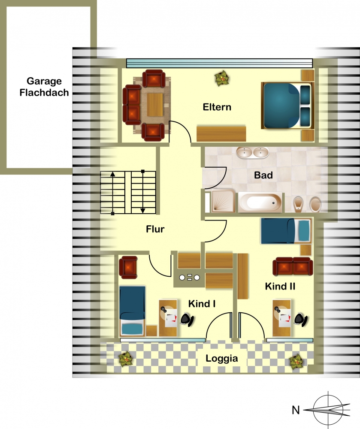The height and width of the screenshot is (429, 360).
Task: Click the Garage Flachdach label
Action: click(x=44, y=87)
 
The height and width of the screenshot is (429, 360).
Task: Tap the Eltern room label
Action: click(x=217, y=107)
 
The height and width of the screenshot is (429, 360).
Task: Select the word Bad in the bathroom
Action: click(x=263, y=175)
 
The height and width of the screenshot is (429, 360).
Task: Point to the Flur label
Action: click(x=155, y=229)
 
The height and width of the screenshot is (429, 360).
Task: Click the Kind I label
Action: click(x=202, y=304)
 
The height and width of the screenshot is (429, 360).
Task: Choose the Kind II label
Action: click(x=280, y=287)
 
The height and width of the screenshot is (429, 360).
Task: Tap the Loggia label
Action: click(x=221, y=358)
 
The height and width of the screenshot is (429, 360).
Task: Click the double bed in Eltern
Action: click(x=287, y=106)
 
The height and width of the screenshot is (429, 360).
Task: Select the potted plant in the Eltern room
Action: click(x=221, y=78)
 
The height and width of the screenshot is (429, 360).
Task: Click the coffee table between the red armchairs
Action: click(x=155, y=105)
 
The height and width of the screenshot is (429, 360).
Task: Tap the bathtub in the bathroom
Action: click(x=260, y=202)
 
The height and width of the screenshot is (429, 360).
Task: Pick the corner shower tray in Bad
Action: click(x=223, y=201)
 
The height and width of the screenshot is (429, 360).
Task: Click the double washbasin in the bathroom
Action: click(x=252, y=153)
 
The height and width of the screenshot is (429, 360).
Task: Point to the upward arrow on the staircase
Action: click(x=112, y=193)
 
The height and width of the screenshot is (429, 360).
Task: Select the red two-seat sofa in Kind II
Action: click(x=293, y=266)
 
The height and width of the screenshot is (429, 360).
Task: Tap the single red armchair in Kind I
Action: click(x=128, y=267)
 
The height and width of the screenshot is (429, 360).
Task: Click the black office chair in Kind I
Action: click(x=188, y=319)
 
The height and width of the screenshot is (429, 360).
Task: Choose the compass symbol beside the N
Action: click(x=327, y=410)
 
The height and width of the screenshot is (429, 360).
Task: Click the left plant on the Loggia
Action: click(x=126, y=359)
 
